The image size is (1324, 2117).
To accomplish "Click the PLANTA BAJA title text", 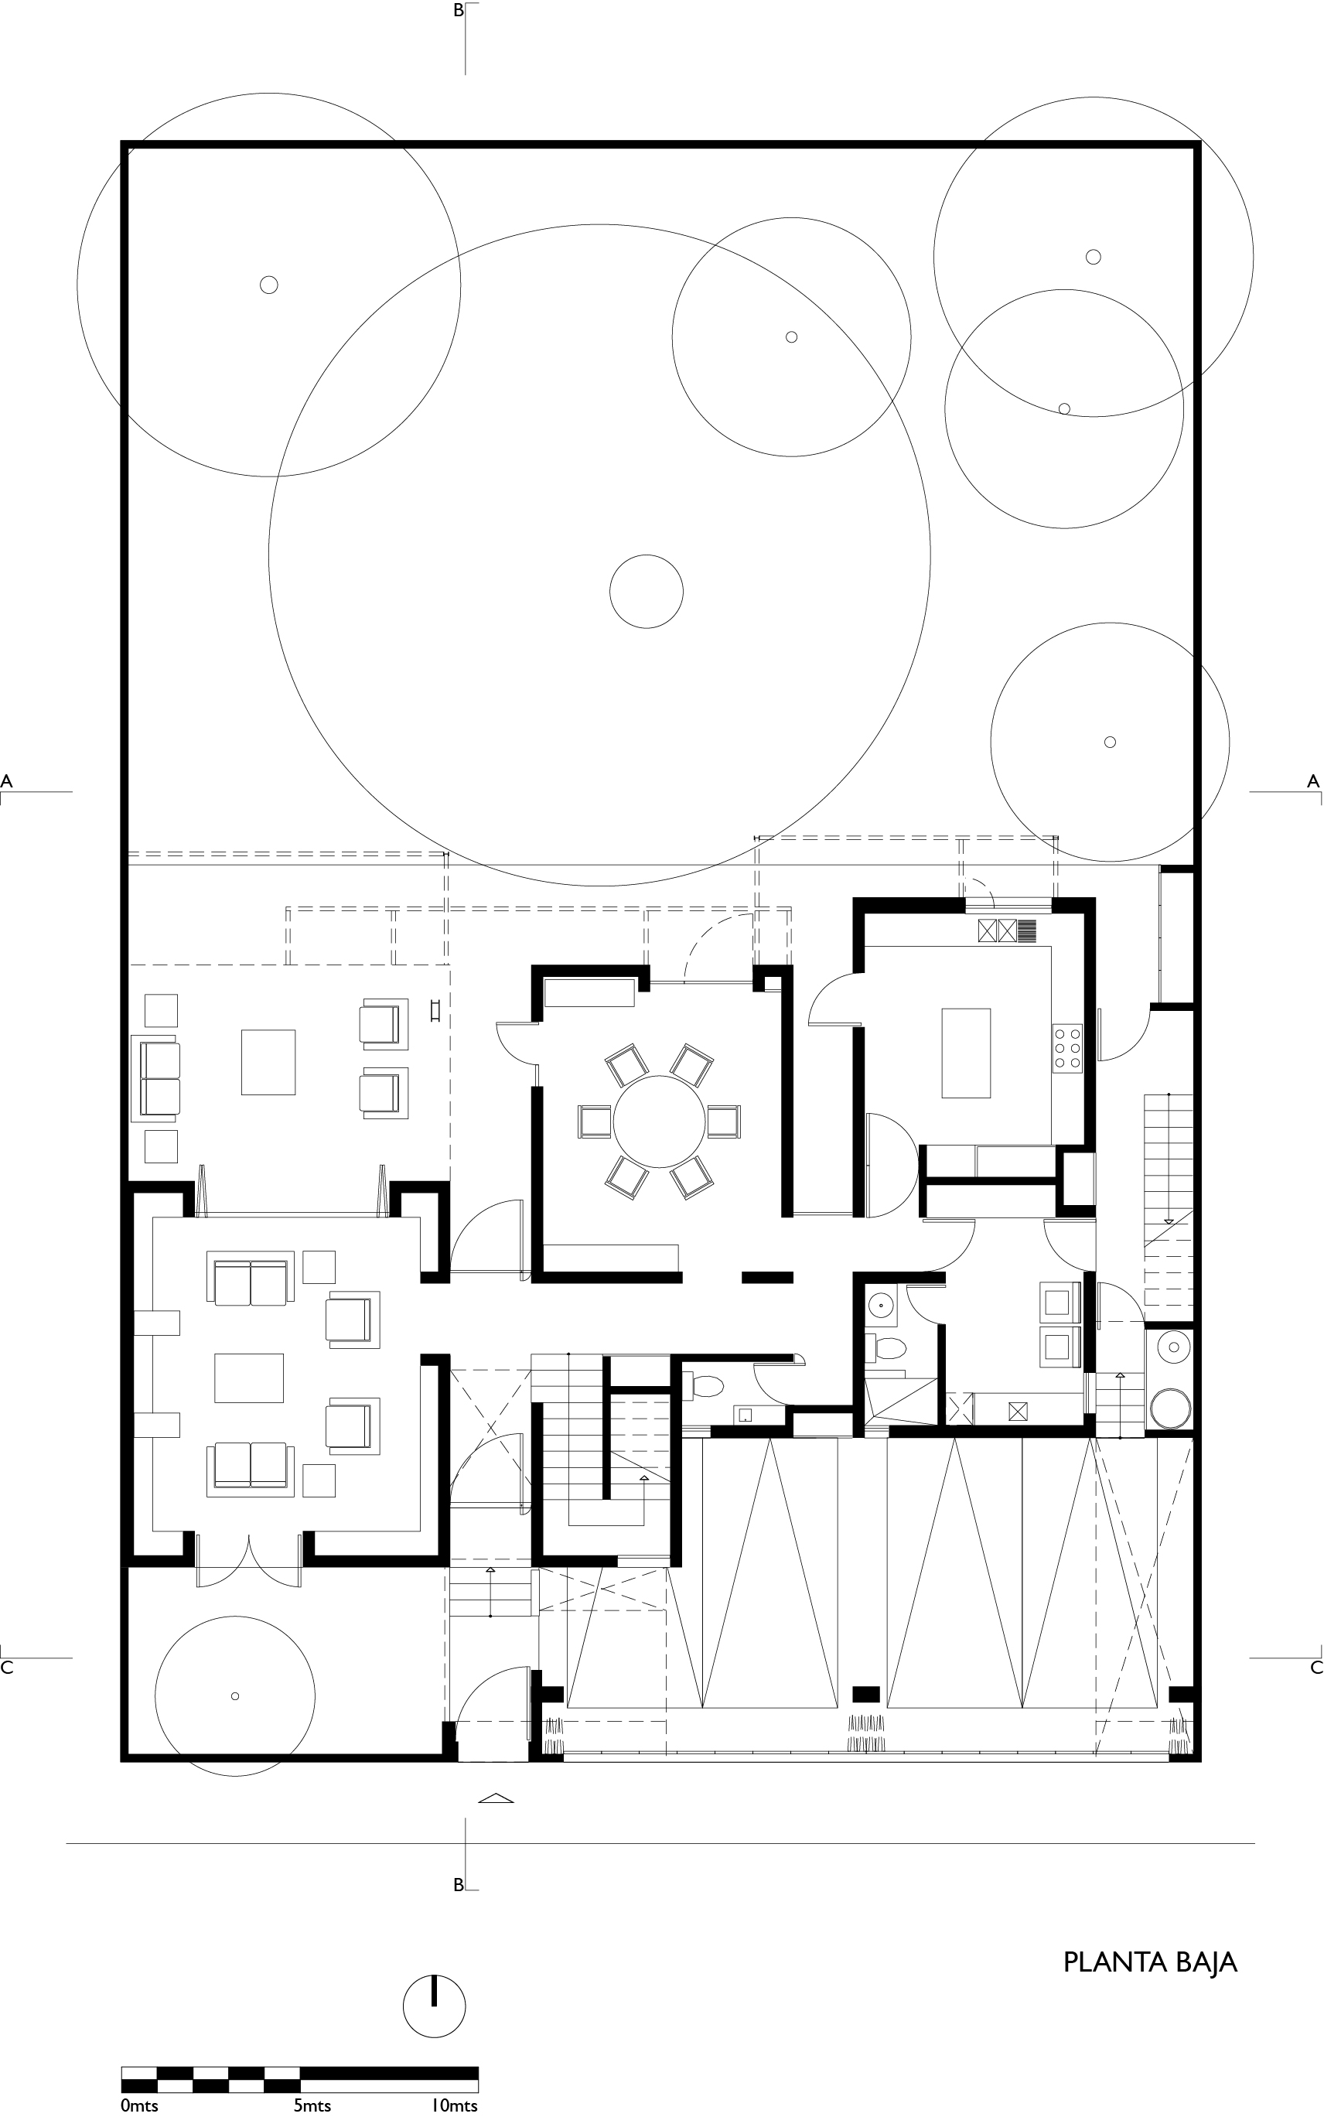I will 1150,1962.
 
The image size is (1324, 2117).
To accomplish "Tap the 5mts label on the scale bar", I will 312,2105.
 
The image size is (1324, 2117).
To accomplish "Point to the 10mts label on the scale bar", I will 454,2105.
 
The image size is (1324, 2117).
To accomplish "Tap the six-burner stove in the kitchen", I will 1067,1048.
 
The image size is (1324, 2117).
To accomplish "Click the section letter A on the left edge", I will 7,780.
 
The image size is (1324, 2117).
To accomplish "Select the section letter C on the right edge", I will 1315,1668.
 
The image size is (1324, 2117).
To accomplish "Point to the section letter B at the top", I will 458,12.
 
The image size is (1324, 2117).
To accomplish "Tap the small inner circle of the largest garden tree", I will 647,592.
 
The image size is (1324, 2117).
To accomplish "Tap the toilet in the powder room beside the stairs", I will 708,1386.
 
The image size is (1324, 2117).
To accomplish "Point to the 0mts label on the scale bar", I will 140,2105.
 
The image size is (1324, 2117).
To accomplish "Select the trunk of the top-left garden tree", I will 269,285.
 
